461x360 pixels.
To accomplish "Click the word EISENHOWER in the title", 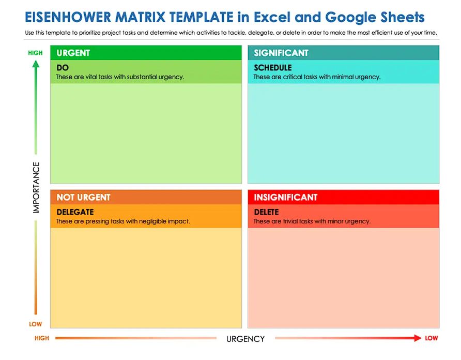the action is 68,17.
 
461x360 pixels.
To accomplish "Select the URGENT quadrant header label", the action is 73,53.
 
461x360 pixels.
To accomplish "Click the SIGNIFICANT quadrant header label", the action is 281,53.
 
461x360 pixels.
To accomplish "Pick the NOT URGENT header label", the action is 84,197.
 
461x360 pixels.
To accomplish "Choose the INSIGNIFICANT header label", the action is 285,197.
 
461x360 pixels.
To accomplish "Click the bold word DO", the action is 63,68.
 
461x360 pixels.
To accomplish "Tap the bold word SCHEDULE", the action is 273,68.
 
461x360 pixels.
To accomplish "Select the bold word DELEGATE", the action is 75,212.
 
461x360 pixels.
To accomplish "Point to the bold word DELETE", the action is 266,212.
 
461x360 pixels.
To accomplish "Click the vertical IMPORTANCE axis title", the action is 36,188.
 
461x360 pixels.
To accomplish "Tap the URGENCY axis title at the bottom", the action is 245,339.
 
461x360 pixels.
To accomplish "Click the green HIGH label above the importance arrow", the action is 35,53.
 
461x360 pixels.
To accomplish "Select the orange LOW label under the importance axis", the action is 35,324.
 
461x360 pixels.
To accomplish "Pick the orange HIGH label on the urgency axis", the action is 42,338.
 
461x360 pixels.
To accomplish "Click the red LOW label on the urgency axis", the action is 432,338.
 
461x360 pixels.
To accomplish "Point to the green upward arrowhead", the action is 36,64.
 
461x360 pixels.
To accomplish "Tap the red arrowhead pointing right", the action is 418,338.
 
